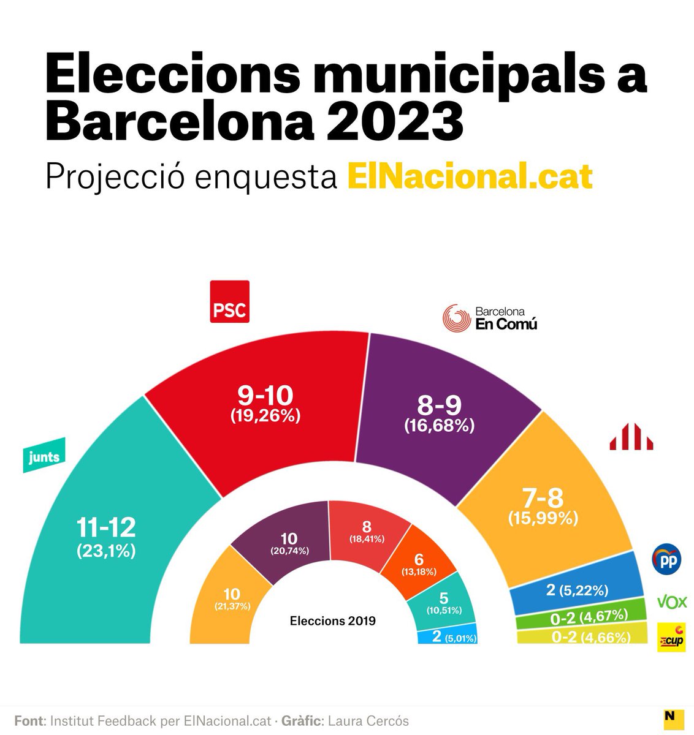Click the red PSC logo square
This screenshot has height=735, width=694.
pyautogui.click(x=229, y=301)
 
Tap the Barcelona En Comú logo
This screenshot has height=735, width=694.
pyautogui.click(x=490, y=318)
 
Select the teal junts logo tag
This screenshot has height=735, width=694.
pyautogui.click(x=44, y=457)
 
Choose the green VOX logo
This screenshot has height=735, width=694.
pyautogui.click(x=671, y=601)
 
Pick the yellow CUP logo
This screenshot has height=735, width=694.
pyautogui.click(x=671, y=638)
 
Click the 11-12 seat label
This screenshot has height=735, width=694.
pyautogui.click(x=106, y=527)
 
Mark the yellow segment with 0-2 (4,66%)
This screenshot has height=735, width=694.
pyautogui.click(x=581, y=636)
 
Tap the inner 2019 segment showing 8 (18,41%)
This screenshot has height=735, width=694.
pyautogui.click(x=367, y=530)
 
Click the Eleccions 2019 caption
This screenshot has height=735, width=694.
pyautogui.click(x=332, y=620)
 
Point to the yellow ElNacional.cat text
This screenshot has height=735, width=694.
pyautogui.click(x=469, y=176)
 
